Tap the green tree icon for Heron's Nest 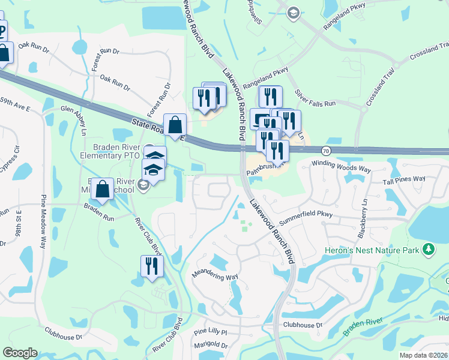pos(428,248)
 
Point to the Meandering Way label pos(215,277)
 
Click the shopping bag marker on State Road pos(175,127)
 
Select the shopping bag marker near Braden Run pos(103,190)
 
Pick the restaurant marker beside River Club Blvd pos(151,267)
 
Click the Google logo pos(20,353)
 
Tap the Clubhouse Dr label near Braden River pos(303,325)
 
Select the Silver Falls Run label pos(315,99)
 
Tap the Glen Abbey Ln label pos(78,114)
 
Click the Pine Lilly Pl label pos(210,331)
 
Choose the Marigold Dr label pos(211,346)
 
